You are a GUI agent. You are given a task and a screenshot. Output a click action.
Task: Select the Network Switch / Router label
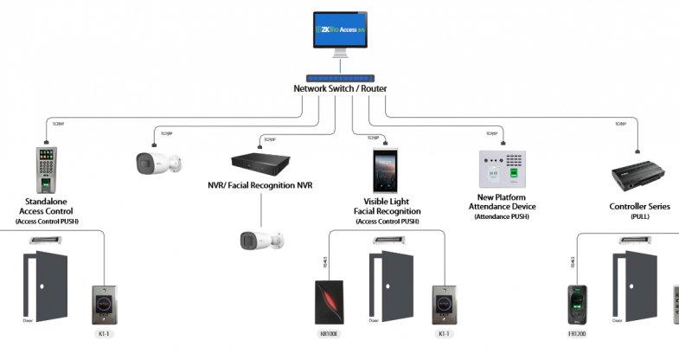point(340,89)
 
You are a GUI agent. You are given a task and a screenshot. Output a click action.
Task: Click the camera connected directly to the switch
point(161,160)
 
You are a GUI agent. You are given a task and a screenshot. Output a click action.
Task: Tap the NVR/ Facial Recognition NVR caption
point(260,185)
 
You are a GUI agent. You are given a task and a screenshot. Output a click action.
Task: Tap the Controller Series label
point(640,207)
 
